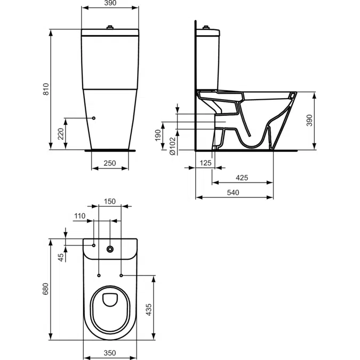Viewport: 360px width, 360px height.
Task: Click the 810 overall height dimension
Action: pyautogui.click(x=46, y=90)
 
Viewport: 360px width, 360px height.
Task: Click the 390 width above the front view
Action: pyautogui.click(x=110, y=3)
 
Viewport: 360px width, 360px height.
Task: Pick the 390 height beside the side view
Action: pyautogui.click(x=324, y=121)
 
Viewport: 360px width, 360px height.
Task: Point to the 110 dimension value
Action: pyautogui.click(x=79, y=216)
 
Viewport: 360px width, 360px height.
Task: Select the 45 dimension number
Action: pyautogui.click(x=61, y=257)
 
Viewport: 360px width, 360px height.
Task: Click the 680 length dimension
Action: pyautogui.click(x=46, y=289)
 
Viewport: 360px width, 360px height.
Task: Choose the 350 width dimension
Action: pyautogui.click(x=110, y=353)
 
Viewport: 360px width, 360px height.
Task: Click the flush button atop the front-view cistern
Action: pyautogui.click(x=110, y=27)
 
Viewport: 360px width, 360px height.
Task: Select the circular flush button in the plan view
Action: pyautogui.click(x=110, y=249)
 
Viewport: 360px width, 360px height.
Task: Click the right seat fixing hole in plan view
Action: pyautogui.click(x=122, y=275)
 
